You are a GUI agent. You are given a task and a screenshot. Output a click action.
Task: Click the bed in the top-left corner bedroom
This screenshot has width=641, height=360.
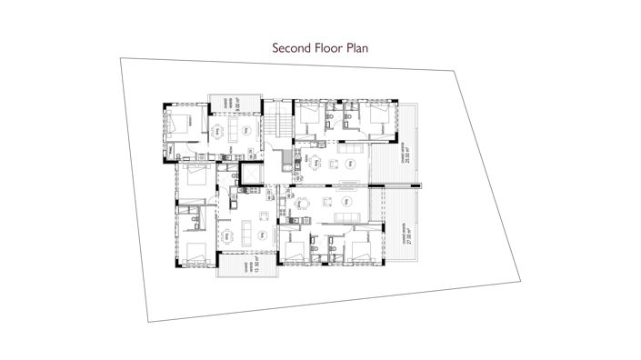185,125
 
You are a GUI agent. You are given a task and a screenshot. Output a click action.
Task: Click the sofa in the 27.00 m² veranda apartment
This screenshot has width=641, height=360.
346,215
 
